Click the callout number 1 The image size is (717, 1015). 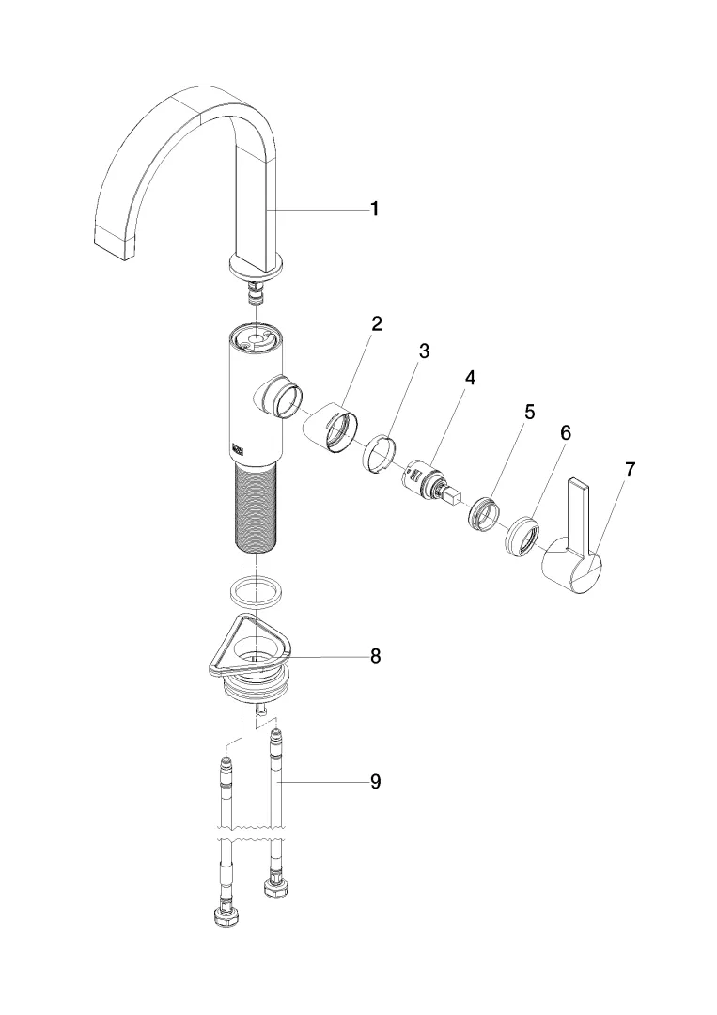coord(375,209)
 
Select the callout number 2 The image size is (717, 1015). coord(376,324)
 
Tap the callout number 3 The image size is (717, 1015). coord(424,351)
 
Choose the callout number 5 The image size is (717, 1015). coord(530,412)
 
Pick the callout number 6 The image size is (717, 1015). coord(565,433)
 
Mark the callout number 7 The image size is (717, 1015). coord(630,470)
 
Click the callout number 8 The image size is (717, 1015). coord(375,656)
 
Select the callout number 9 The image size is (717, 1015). coord(375,781)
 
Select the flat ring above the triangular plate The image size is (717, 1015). coord(256,592)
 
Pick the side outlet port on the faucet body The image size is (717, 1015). coord(282,397)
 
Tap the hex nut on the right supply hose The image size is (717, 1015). coord(276,885)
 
